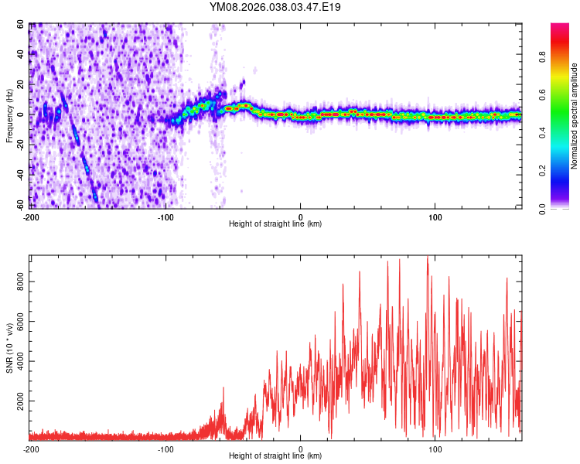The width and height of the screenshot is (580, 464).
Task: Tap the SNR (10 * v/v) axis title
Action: pos(9,349)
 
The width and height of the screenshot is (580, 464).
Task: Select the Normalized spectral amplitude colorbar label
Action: pos(575,117)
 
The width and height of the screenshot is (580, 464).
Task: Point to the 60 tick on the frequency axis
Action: pos(22,25)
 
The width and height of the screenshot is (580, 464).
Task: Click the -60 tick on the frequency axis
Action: pos(20,205)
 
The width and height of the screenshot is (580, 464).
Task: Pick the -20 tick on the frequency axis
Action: pos(20,145)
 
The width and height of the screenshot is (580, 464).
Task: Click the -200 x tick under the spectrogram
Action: pos(31,216)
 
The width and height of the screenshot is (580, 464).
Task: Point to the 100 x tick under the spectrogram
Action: pos(435,216)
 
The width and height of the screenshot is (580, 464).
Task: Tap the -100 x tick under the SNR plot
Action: pos(165,449)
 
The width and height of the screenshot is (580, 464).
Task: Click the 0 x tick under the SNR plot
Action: pos(300,449)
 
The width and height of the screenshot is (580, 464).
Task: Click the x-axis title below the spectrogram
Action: pos(275,223)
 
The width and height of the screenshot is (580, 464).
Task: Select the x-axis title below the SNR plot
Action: pos(275,456)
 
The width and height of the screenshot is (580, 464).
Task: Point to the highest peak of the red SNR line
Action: pos(427,257)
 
